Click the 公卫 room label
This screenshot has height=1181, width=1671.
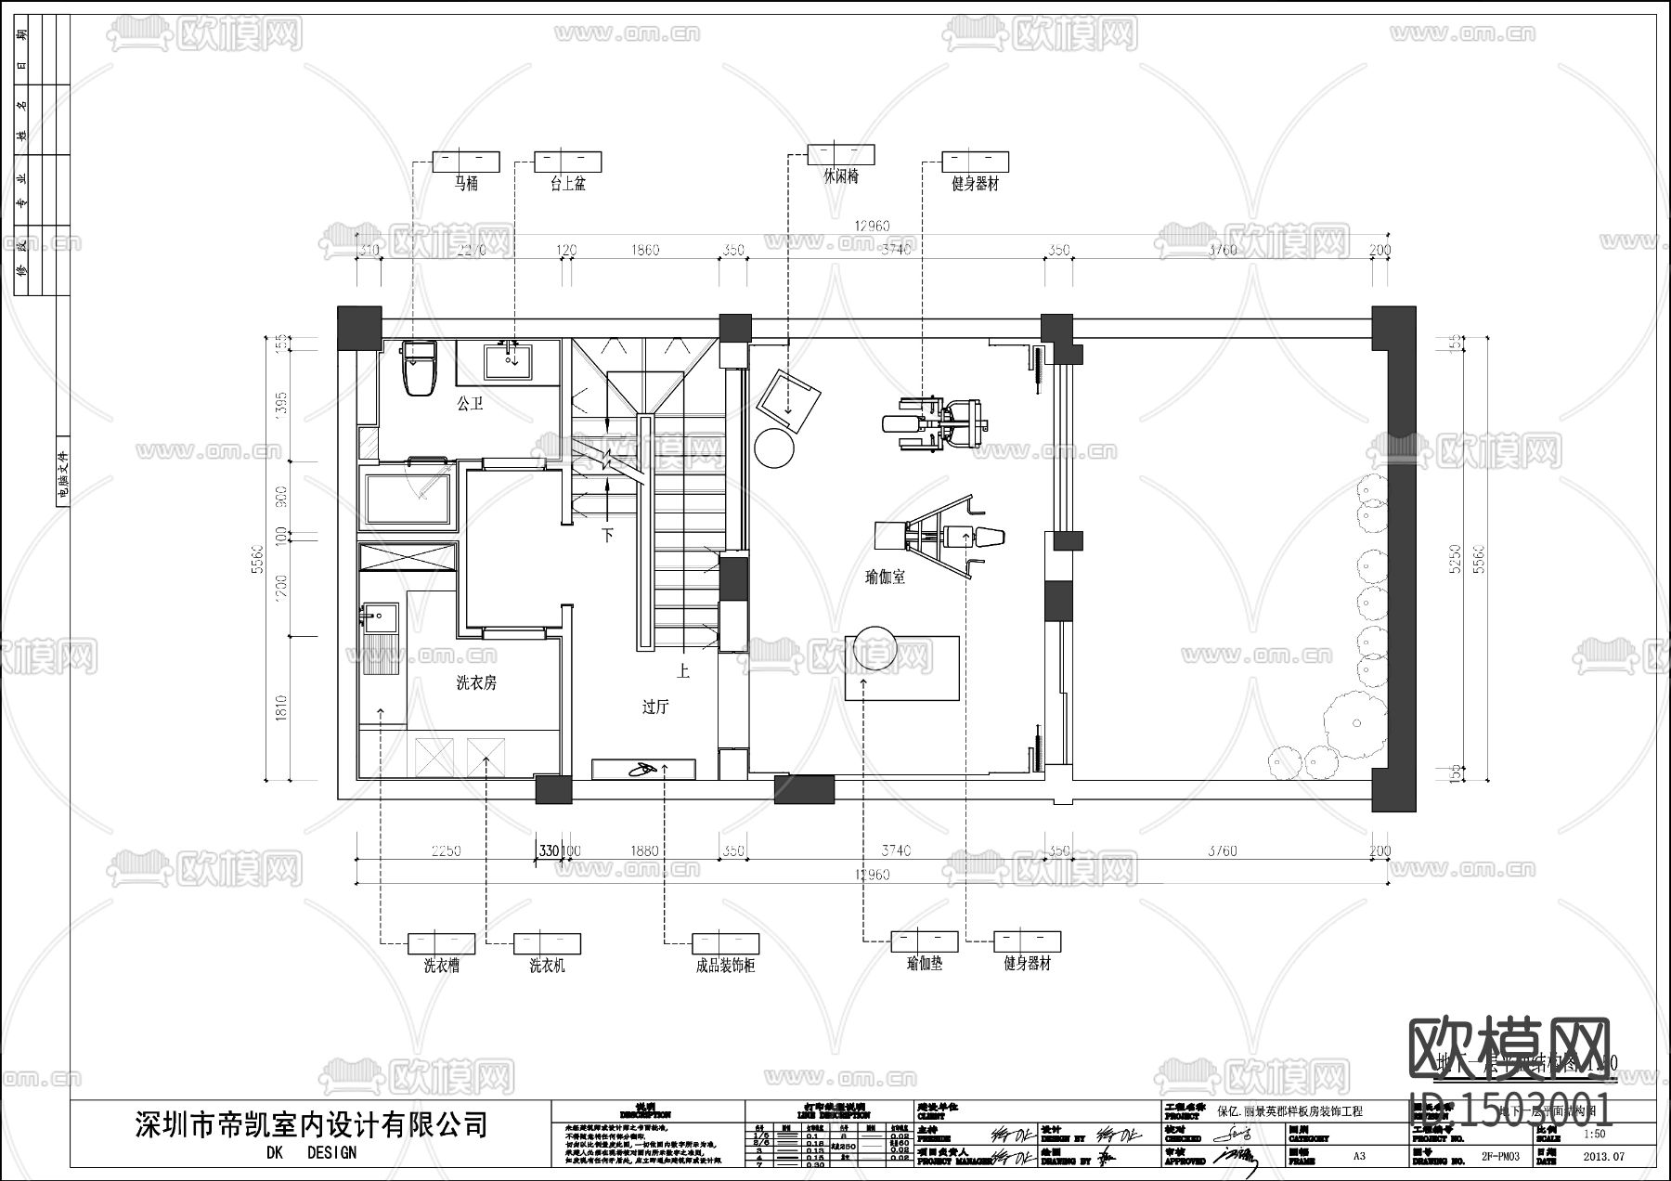click(471, 404)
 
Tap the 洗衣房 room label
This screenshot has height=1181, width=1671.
click(476, 682)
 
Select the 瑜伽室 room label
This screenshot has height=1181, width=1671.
click(885, 577)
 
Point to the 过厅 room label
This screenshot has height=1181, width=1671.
click(655, 707)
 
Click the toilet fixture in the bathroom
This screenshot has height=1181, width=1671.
click(420, 369)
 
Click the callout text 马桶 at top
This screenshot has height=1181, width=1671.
click(466, 184)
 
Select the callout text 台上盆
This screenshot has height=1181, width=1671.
click(567, 184)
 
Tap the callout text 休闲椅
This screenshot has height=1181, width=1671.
click(841, 175)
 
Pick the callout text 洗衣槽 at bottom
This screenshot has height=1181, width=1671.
click(441, 966)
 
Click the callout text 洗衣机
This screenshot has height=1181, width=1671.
click(547, 966)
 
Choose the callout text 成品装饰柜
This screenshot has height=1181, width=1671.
click(725, 966)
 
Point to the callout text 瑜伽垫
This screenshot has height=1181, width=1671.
click(925, 964)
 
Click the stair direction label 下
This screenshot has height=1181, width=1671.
click(608, 536)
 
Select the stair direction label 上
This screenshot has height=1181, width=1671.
click(683, 668)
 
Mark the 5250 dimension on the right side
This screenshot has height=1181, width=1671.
click(1455, 557)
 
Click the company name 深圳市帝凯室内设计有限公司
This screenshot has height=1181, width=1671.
click(311, 1125)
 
